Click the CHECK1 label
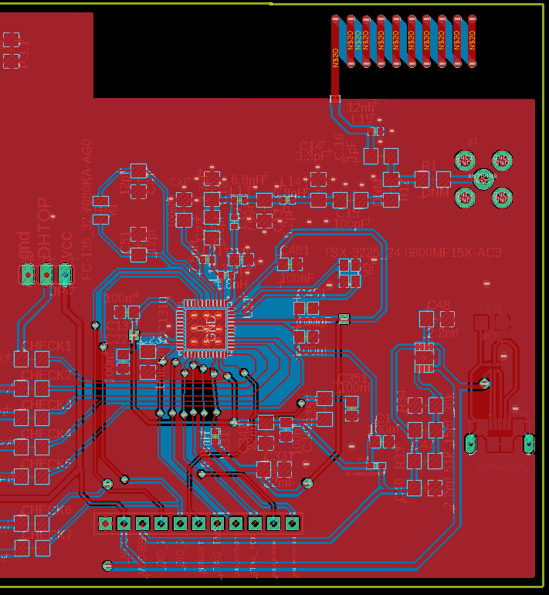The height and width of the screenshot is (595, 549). point(46,346)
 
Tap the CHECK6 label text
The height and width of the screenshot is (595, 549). point(46,510)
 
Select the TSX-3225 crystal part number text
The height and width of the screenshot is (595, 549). point(413,252)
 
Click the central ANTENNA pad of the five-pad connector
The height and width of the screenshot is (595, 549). point(483,179)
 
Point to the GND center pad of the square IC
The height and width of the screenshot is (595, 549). point(205,328)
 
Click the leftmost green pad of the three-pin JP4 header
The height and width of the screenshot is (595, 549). point(29,274)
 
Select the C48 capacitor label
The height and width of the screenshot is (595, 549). point(438,305)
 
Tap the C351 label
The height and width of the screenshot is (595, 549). point(354,377)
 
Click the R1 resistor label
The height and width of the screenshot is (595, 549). point(429,164)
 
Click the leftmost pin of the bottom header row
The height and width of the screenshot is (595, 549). point(105,523)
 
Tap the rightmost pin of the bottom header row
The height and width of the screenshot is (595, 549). point(292,523)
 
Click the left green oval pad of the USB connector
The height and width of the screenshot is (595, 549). point(470,443)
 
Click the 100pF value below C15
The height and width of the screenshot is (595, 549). point(351,224)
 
